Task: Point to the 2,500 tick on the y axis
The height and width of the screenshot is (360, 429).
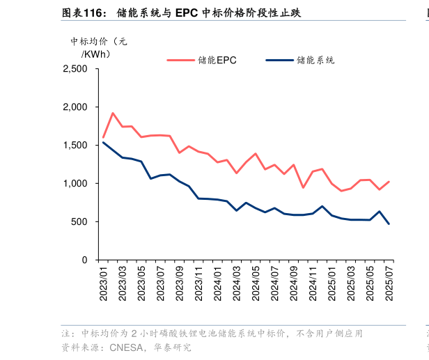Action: click(75, 70)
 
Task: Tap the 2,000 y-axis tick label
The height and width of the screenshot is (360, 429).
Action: click(75, 107)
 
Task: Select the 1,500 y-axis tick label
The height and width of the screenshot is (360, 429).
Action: click(75, 146)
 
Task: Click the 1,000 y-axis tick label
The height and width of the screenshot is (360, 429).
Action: click(75, 184)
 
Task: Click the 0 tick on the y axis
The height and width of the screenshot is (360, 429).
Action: click(84, 260)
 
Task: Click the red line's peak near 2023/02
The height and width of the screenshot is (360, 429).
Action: click(113, 113)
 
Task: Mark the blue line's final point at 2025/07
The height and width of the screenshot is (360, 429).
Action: click(389, 224)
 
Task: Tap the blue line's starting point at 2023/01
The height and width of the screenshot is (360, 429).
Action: click(103, 143)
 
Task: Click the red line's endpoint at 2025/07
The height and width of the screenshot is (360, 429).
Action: click(389, 182)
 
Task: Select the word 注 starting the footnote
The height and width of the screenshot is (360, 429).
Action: click(66, 334)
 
